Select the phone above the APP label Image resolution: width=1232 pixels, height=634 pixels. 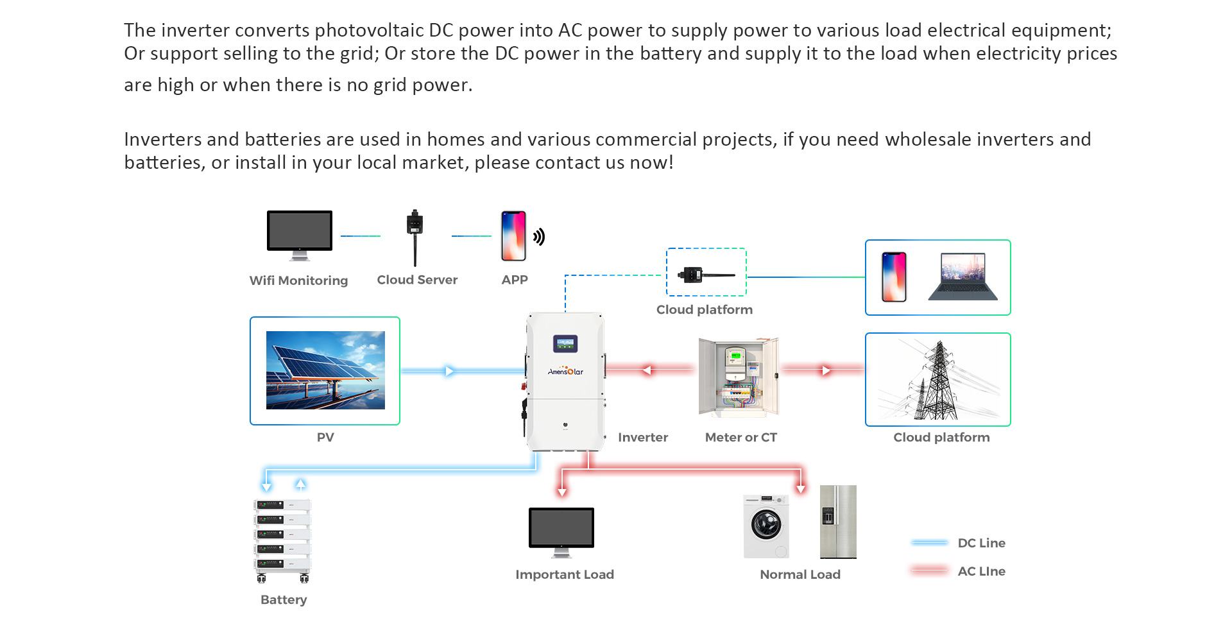pos(513,236)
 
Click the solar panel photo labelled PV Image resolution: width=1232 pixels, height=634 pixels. pos(325,370)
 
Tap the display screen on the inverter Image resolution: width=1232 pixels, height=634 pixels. pos(565,344)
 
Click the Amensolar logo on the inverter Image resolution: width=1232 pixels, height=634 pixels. pos(565,371)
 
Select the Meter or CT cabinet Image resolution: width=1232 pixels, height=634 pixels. pos(739,377)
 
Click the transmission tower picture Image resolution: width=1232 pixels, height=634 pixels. pos(937,380)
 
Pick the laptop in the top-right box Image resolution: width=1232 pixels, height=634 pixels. pos(963,277)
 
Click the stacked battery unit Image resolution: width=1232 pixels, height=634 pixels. pos(282,540)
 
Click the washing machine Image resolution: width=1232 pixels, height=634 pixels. pos(766,526)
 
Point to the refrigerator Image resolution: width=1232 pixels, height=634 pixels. pos(838,522)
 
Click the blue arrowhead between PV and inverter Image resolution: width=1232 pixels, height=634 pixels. pos(449,371)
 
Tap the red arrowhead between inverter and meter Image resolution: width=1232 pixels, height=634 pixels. pos(647,370)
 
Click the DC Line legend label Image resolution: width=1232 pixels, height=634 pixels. pos(981,543)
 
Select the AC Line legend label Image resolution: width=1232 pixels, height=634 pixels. pos(981,571)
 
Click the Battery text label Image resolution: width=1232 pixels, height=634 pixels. pos(284,599)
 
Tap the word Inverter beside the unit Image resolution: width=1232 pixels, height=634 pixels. pos(642,437)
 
